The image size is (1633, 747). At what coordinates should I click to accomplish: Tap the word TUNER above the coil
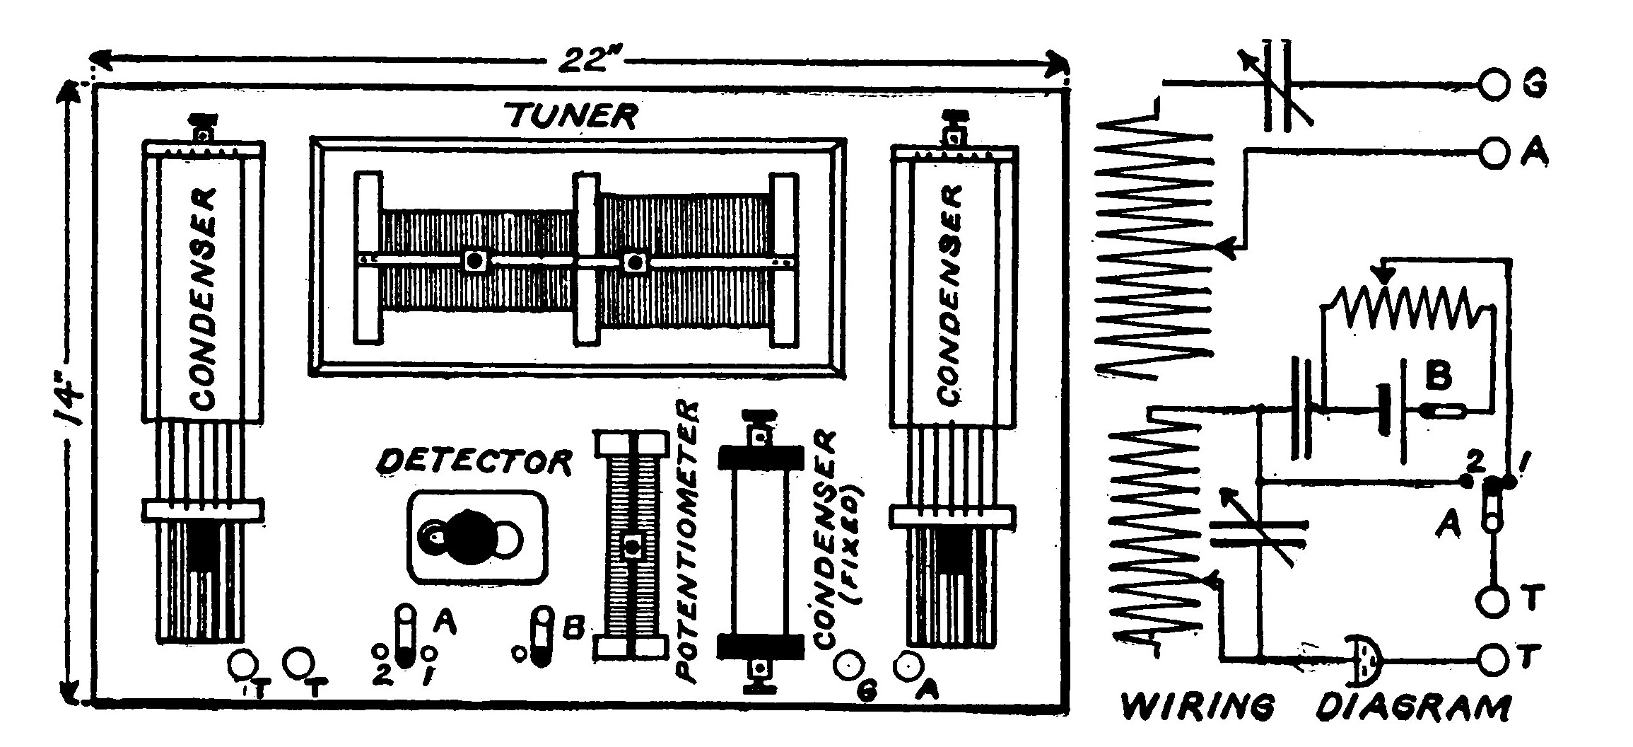coord(572,116)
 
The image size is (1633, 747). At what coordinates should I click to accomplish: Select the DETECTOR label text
coord(474,463)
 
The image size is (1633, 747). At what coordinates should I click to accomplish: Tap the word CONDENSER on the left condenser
coord(204,298)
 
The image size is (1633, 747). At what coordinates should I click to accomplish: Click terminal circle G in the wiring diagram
coord(1492,85)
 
